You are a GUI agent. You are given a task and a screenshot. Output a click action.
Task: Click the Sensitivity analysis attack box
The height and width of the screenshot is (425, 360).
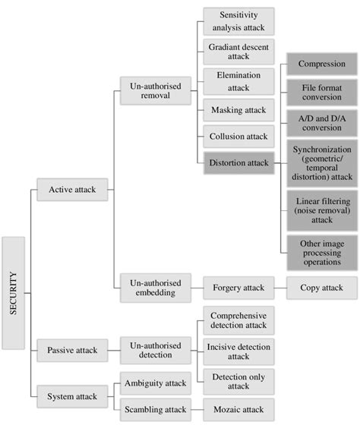[x=239, y=21]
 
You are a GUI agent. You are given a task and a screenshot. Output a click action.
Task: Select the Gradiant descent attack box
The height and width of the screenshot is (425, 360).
[x=239, y=52]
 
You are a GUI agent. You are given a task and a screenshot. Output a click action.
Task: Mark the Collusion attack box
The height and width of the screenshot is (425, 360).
[x=239, y=137]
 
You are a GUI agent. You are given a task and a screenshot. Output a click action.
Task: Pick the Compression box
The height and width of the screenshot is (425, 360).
[x=322, y=65]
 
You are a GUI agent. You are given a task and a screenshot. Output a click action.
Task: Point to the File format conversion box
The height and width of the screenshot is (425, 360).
[x=322, y=93]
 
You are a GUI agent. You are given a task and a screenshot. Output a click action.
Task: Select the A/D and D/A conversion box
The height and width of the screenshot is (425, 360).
[x=322, y=122]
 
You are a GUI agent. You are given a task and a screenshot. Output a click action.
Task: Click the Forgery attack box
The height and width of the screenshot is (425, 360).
[x=239, y=288]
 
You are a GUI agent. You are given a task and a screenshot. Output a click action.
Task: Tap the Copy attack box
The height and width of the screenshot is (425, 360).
[x=321, y=288]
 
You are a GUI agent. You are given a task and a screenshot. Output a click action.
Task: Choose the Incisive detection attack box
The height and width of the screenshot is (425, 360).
[x=239, y=351]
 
